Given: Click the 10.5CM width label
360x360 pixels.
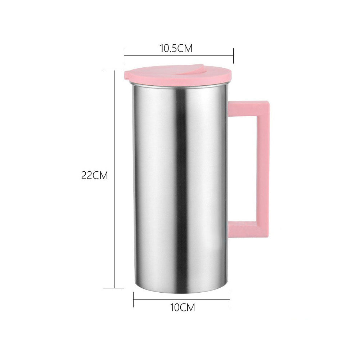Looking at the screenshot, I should [x=176, y=48].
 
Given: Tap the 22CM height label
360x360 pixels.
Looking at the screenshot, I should [x=95, y=176].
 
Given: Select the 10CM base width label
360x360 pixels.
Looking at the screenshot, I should [x=182, y=307].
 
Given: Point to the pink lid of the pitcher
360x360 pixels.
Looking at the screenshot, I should [x=151, y=76].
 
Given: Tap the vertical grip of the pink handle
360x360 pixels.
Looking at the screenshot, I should [x=263, y=167].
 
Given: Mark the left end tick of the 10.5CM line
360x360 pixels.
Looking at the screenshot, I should [x=124, y=55].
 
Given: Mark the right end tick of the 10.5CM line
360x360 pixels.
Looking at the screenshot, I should [x=234, y=55].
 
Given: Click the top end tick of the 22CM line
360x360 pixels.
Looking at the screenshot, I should [x=114, y=70].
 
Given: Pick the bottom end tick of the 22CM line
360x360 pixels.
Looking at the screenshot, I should [x=114, y=288].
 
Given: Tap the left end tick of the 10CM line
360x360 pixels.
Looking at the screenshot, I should [x=134, y=299].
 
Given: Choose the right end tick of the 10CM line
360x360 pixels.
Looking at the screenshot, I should [x=230, y=299].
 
